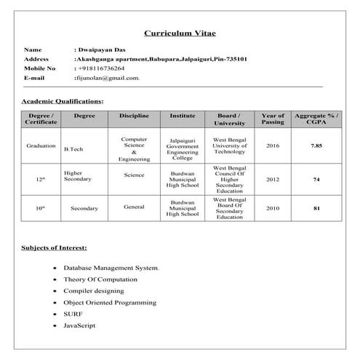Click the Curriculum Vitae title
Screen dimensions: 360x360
pyautogui.click(x=180, y=33)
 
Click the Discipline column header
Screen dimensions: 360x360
pyautogui.click(x=134, y=116)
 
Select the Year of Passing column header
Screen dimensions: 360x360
pyautogui.click(x=273, y=119)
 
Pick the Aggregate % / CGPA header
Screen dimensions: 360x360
pyautogui.click(x=316, y=119)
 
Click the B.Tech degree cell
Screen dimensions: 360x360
pyautogui.click(x=73, y=149)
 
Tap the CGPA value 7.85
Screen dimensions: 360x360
pyautogui.click(x=316, y=146)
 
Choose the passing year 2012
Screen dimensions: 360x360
pyautogui.click(x=273, y=179)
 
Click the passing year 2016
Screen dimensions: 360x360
pyautogui.click(x=273, y=146)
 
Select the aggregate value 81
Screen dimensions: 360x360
pyautogui.click(x=316, y=209)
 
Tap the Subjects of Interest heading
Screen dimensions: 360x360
pyautogui.click(x=55, y=248)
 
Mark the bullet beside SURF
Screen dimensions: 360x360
pyautogui.click(x=56, y=313)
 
